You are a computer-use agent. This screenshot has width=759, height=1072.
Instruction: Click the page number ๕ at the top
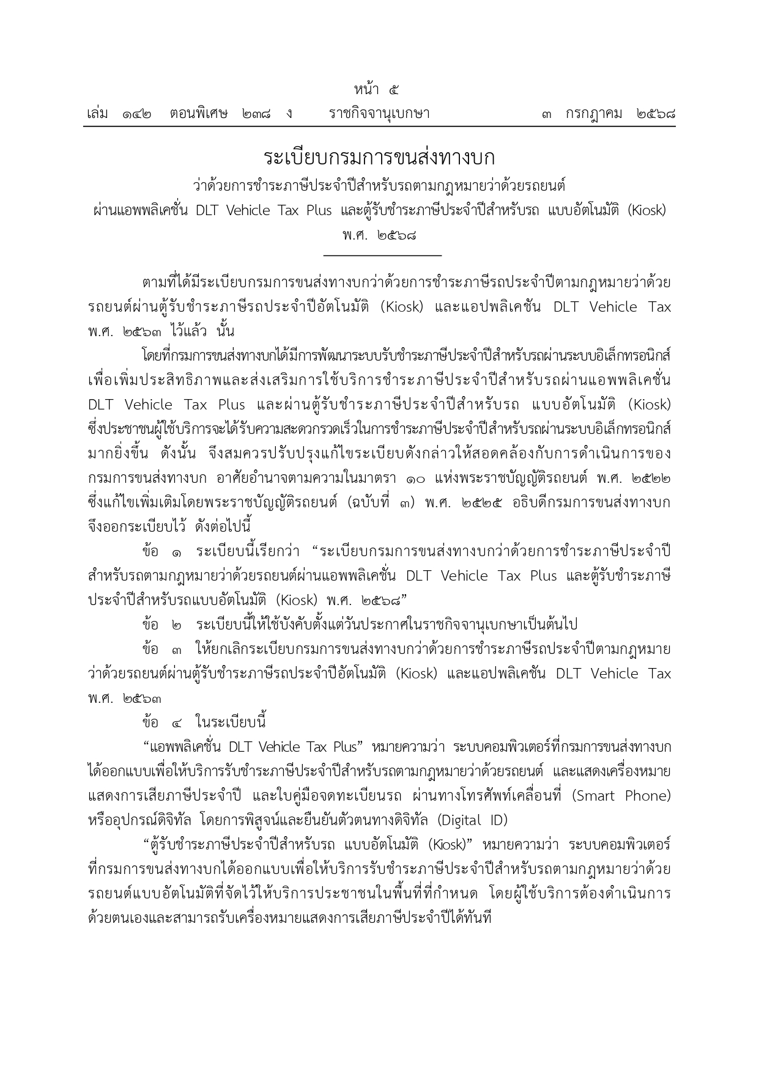click(x=394, y=90)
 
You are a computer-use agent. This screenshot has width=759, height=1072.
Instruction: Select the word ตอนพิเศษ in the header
click(x=199, y=114)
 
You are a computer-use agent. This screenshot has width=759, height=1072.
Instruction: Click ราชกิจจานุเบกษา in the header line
click(x=379, y=114)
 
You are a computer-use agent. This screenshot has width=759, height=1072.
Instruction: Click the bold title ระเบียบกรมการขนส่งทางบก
click(x=379, y=157)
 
